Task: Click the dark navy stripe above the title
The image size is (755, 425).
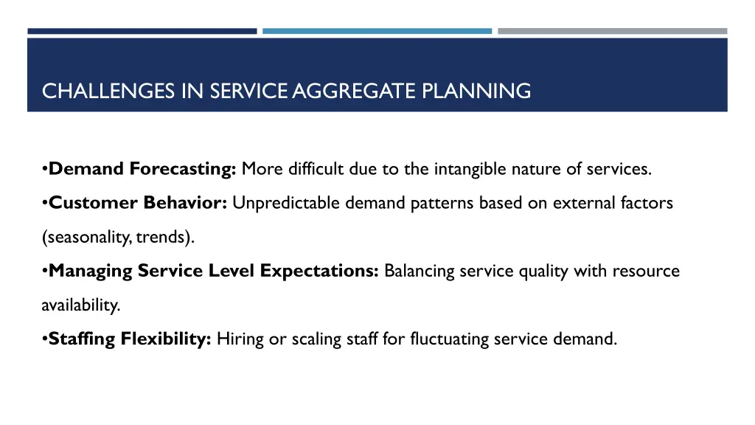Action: (142, 31)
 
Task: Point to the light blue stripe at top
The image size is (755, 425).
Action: (377, 31)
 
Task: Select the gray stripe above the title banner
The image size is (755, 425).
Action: (612, 31)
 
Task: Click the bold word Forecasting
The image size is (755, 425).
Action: (183, 169)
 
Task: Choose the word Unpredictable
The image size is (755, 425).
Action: (279, 203)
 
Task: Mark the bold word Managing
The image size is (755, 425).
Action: (91, 271)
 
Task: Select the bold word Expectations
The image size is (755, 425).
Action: (319, 271)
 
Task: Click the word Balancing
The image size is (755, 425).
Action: (419, 271)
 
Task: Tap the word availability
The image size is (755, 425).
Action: (80, 305)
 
